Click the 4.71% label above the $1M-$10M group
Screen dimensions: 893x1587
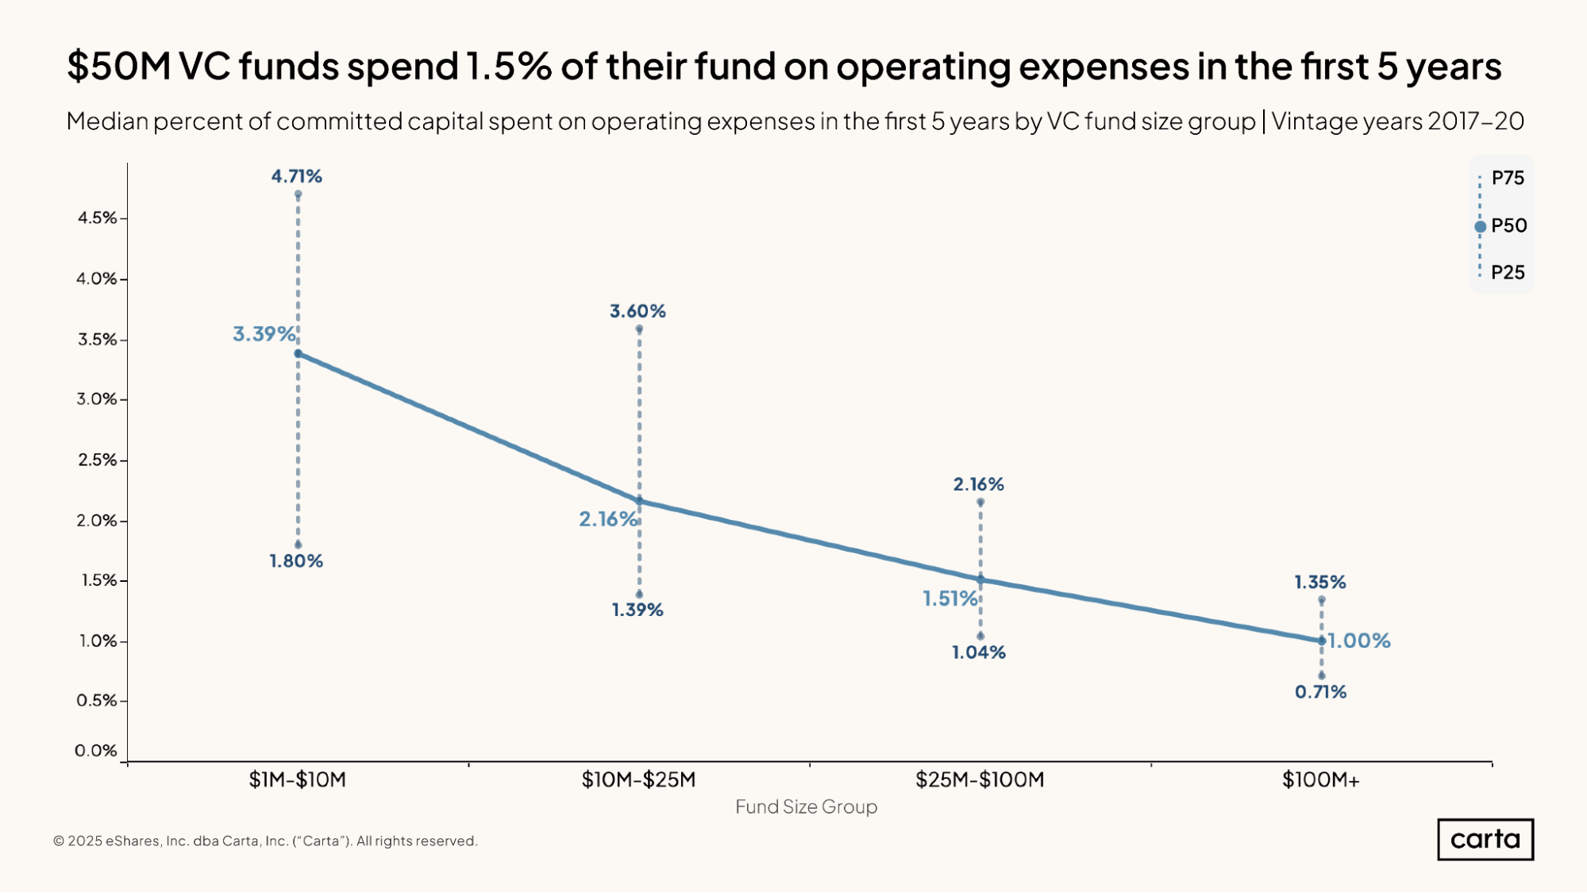click(x=297, y=176)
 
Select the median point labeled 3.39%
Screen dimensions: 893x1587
click(x=298, y=353)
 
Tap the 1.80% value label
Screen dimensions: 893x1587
click(x=296, y=561)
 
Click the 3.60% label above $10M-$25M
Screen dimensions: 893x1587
click(x=637, y=311)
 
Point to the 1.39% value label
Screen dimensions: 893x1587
click(x=637, y=610)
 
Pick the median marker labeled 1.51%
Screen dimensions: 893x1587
click(x=980, y=580)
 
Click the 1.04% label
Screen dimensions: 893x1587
click(x=979, y=652)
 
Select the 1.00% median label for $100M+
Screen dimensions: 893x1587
click(x=1359, y=641)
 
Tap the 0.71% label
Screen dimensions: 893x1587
click(x=1320, y=692)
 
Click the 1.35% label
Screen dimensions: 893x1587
click(x=1320, y=583)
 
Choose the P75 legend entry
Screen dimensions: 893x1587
click(x=1508, y=178)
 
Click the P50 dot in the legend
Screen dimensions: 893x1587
click(x=1480, y=226)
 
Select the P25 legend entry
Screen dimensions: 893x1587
click(x=1508, y=273)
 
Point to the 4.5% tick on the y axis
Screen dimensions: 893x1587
click(x=97, y=217)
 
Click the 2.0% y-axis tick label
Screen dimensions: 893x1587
click(x=97, y=521)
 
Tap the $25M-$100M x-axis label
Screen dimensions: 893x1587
click(x=980, y=779)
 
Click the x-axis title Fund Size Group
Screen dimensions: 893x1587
click(x=806, y=806)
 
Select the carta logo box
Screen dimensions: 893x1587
click(x=1485, y=839)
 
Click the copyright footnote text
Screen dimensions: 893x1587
click(x=265, y=841)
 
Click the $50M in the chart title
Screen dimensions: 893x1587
click(x=119, y=66)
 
